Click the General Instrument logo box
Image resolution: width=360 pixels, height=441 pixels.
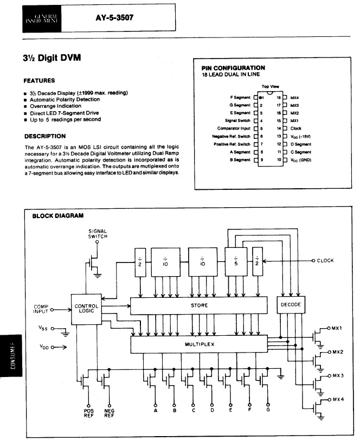(44, 18)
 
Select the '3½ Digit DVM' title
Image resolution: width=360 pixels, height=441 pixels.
(52, 58)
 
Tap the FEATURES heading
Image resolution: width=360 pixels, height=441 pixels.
(39, 80)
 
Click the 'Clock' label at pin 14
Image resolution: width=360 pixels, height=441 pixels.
(296, 128)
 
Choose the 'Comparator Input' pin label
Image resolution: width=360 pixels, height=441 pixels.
(234, 128)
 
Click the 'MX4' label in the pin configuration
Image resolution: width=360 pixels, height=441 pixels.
(295, 98)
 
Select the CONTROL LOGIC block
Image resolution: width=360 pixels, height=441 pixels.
(86, 309)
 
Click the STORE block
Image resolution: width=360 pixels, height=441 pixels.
(198, 305)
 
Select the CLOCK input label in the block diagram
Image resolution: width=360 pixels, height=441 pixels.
(325, 260)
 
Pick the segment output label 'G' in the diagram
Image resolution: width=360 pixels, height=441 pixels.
(268, 410)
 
